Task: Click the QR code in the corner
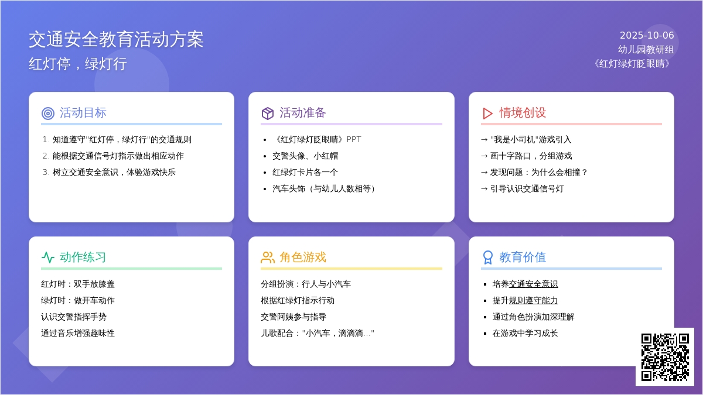coord(665,357)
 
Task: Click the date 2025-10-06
coord(647,36)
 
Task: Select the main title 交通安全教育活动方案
coord(116,40)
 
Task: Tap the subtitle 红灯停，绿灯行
coord(78,64)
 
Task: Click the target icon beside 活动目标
coord(48,113)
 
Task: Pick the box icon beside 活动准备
coord(268,113)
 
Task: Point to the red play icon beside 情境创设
coord(487,113)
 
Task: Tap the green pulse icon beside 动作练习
coord(48,257)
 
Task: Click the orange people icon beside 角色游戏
coord(268,257)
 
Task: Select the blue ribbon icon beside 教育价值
coord(487,257)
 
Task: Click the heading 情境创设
coord(523,113)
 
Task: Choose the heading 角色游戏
coord(303,257)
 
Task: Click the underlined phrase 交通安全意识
coord(533,284)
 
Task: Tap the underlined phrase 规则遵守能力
coord(533,300)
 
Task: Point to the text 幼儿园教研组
coord(646,50)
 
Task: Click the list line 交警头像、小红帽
coord(305,156)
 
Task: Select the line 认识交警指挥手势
coord(74,317)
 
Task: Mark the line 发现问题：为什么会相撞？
coord(538,172)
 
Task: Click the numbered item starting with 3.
coord(109,172)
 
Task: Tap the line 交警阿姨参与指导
coord(294,317)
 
